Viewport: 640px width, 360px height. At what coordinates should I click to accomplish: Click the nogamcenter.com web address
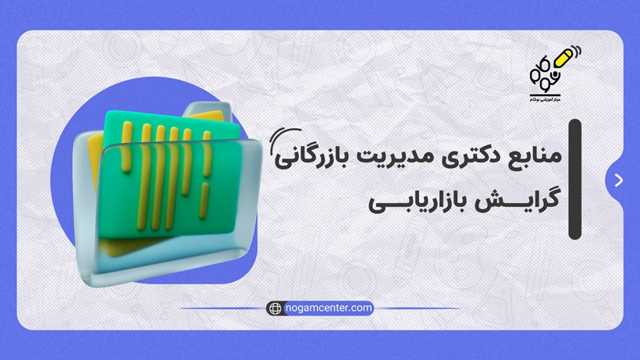click(329, 308)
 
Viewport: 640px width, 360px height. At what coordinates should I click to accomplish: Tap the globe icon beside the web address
click(274, 308)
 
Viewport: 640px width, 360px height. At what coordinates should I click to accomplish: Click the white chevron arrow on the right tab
click(619, 180)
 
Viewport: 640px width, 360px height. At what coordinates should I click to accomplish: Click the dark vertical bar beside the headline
click(575, 179)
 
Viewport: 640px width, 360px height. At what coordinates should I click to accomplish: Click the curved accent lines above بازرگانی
click(277, 142)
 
